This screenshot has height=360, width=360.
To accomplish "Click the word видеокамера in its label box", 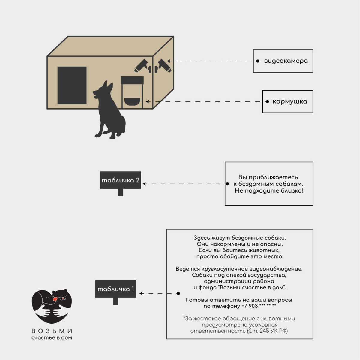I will (x=286, y=61).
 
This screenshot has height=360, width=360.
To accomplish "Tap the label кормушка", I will (x=290, y=101).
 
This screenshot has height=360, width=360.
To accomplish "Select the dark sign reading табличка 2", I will (x=121, y=180).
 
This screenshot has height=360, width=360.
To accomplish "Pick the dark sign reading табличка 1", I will (x=116, y=289).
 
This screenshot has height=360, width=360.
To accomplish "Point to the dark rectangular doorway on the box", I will (x=72, y=85).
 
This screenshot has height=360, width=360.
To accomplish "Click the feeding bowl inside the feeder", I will (x=132, y=102).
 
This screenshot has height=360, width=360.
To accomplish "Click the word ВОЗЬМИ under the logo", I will (x=52, y=331).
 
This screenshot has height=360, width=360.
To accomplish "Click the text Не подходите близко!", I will (x=269, y=191).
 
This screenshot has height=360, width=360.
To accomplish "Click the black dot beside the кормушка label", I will (x=267, y=102).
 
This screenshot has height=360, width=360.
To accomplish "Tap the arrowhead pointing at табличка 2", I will (x=144, y=184).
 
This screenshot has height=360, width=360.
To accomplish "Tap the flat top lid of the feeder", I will (x=132, y=80).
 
